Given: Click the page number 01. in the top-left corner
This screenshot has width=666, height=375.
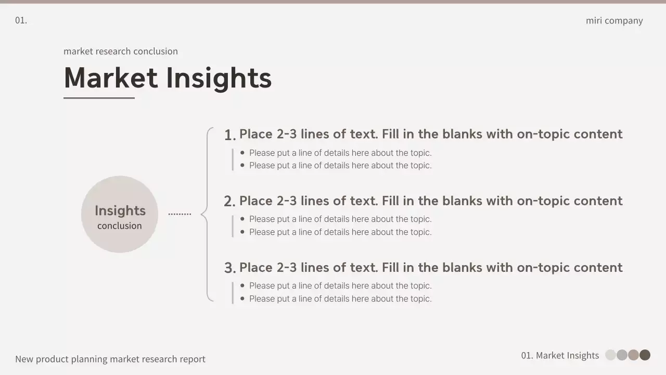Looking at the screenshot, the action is (x=21, y=20).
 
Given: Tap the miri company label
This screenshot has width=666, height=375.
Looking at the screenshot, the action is (x=614, y=21).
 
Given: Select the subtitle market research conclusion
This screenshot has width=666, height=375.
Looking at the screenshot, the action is (x=121, y=51).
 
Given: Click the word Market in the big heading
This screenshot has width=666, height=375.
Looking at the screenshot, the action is (x=111, y=78).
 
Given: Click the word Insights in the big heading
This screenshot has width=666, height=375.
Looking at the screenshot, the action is (x=219, y=79).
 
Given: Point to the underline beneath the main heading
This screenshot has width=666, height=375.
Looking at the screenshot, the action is (x=99, y=97).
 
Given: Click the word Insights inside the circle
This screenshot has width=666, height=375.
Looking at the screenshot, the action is (x=120, y=211).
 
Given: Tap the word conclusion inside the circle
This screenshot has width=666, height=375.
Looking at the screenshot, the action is (x=120, y=226).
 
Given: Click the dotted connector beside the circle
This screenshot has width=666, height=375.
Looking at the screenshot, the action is (x=180, y=214).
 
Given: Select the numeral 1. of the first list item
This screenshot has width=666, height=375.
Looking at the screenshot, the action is (x=230, y=135).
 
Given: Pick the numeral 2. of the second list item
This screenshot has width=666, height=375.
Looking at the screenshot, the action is (x=230, y=202).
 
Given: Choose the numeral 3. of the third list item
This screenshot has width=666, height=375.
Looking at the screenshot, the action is (x=230, y=268).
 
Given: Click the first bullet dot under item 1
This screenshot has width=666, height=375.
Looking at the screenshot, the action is (x=242, y=153).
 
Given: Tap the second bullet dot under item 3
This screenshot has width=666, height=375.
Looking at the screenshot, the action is (x=242, y=298).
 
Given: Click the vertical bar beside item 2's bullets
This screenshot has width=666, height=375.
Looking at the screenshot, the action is (x=233, y=226).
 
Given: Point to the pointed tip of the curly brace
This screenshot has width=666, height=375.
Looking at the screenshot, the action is (x=201, y=214).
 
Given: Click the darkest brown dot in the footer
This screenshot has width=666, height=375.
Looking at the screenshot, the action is (x=645, y=355).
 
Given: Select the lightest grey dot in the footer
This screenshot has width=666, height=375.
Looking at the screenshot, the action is (x=610, y=355).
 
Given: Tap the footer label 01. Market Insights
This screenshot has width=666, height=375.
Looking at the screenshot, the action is (x=560, y=355).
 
